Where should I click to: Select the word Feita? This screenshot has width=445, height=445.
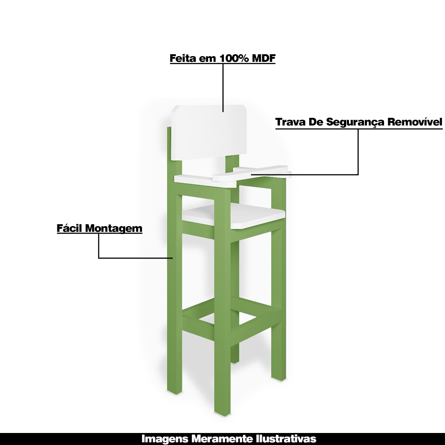pos(183,58)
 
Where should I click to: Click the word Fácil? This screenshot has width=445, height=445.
pos(70,228)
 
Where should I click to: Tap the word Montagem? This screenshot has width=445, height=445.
pos(114,229)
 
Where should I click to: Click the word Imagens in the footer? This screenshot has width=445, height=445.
pos(165,439)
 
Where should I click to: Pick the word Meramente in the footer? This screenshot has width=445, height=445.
pos(219,439)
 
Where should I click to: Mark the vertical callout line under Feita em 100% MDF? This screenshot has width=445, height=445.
pos(222,87)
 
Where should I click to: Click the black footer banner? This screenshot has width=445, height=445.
pos(67,439)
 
